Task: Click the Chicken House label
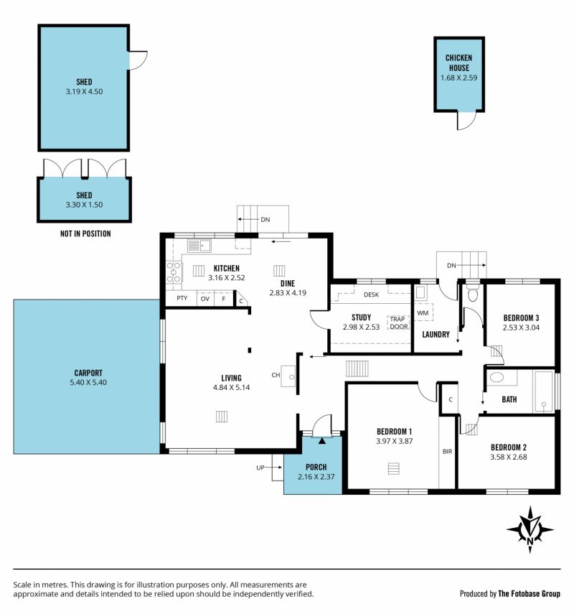click(x=459, y=62)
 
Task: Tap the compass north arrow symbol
click(x=530, y=529)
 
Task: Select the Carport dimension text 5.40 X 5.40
click(x=88, y=382)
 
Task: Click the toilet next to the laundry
click(x=473, y=294)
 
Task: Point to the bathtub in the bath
click(x=544, y=390)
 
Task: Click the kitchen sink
click(x=199, y=246)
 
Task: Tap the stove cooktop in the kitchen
click(x=174, y=272)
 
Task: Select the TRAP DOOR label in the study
click(x=398, y=323)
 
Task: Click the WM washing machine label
click(x=423, y=312)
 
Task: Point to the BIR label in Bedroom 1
click(x=447, y=452)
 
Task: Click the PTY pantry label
click(x=182, y=298)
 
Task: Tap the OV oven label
click(x=205, y=299)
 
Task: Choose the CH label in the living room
click(x=276, y=375)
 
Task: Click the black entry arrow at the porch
click(x=322, y=441)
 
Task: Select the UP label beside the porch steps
click(x=260, y=468)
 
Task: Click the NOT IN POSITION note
click(x=85, y=233)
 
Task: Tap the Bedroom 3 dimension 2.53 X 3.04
click(x=521, y=328)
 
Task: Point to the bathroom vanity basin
click(x=497, y=377)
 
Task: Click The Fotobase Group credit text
click(x=530, y=593)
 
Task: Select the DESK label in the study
click(x=371, y=295)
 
